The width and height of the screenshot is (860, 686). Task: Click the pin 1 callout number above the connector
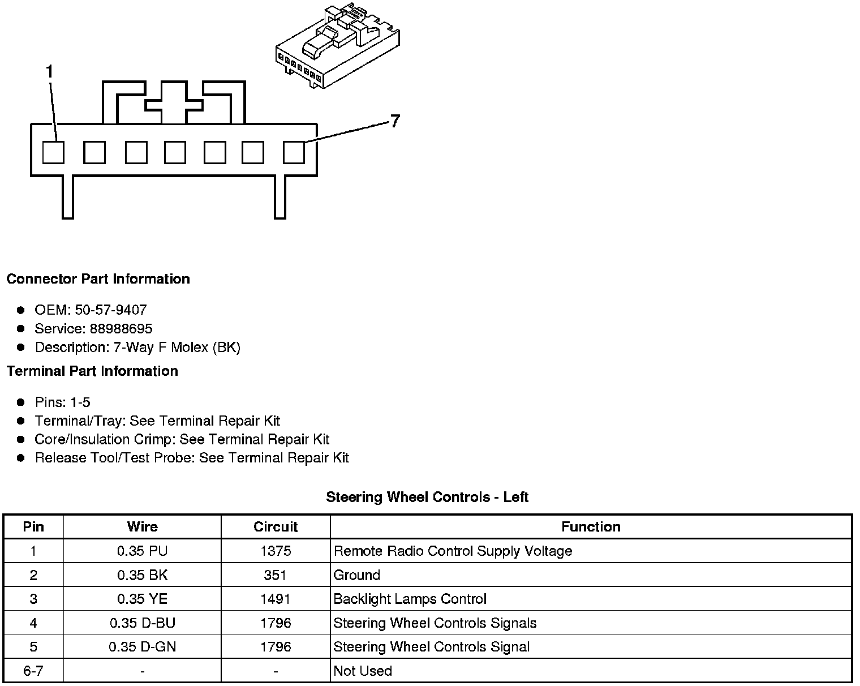click(50, 72)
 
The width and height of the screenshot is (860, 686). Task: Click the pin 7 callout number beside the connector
click(394, 121)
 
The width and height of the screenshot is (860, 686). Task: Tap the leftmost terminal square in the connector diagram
click(54, 152)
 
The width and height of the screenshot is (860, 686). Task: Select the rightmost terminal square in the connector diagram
click(294, 152)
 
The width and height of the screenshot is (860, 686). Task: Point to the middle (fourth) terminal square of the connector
click(175, 152)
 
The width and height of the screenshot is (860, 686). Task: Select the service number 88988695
click(121, 329)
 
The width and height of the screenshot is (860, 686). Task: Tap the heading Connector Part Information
click(98, 279)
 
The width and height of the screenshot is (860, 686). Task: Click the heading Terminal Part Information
click(92, 371)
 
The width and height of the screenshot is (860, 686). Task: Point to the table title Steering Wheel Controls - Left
click(427, 498)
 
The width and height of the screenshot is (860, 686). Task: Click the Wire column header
click(142, 527)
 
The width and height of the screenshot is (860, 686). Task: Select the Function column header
click(591, 527)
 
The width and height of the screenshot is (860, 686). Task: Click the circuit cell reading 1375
click(276, 551)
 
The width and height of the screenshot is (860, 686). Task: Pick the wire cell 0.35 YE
click(142, 599)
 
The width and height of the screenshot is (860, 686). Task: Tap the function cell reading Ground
click(357, 576)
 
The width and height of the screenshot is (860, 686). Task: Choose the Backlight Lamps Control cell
click(410, 599)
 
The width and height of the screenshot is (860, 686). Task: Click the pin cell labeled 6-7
click(33, 671)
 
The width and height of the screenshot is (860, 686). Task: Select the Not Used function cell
click(363, 671)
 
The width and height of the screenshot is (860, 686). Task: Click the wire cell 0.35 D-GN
click(142, 647)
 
